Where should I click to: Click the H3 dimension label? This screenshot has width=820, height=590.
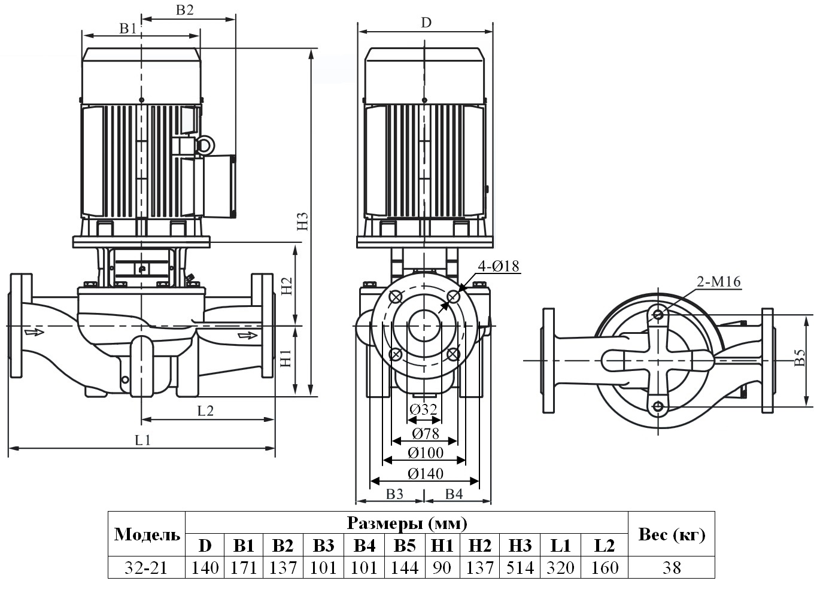point(303,222)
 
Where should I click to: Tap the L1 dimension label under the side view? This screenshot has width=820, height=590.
point(142,440)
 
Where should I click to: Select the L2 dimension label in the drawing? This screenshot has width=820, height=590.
point(205,410)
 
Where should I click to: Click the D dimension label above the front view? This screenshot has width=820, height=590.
point(426,23)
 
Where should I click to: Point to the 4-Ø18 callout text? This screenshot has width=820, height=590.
point(498,266)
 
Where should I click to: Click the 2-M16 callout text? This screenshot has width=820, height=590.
point(718,282)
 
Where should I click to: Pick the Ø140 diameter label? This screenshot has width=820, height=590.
point(426,474)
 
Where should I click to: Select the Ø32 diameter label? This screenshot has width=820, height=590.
point(424,410)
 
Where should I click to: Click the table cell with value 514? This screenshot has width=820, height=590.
point(520,567)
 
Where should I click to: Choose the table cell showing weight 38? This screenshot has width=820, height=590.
point(671,567)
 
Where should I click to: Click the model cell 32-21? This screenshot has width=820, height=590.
point(146,567)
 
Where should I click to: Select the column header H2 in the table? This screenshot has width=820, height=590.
point(479,546)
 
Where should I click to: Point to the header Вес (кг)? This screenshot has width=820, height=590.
point(671,534)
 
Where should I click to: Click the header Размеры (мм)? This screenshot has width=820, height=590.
point(406,524)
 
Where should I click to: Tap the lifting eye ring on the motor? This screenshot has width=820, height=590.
point(205,145)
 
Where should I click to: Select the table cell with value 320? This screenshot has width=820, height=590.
point(560,567)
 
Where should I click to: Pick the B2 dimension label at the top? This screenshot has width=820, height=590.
point(185,10)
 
